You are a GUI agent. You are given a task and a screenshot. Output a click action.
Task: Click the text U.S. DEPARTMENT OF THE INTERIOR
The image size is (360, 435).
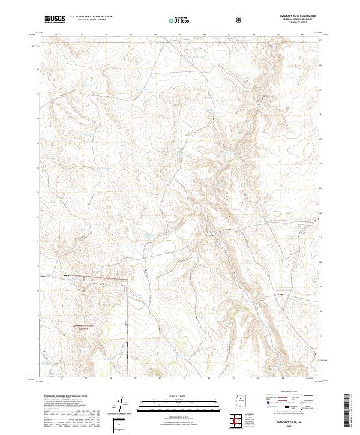click(x=91, y=17)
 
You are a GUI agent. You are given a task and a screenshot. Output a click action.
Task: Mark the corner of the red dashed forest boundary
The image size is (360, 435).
click(x=128, y=280)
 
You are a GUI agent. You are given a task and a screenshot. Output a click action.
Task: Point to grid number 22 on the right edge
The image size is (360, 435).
click(x=320, y=213)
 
